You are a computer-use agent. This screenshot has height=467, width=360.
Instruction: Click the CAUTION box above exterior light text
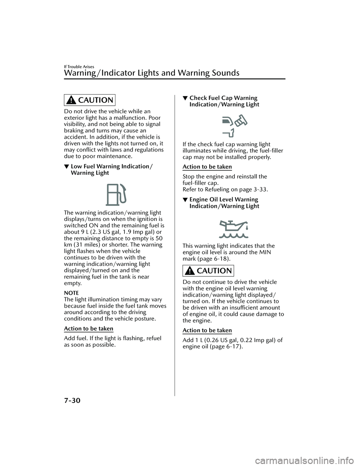[90, 100]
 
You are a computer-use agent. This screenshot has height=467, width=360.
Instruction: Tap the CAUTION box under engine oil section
[208, 271]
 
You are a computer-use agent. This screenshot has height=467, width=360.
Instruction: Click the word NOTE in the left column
[71, 293]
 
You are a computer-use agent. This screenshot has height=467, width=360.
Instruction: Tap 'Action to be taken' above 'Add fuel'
[88, 329]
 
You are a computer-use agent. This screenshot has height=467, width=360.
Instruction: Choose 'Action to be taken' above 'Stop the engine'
[207, 167]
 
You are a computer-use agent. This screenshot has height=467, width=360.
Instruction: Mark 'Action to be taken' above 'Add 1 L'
[207, 330]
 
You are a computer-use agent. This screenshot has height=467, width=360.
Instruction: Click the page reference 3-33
[258, 189]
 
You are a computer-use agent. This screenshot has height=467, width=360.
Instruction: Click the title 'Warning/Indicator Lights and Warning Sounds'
[151, 73]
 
